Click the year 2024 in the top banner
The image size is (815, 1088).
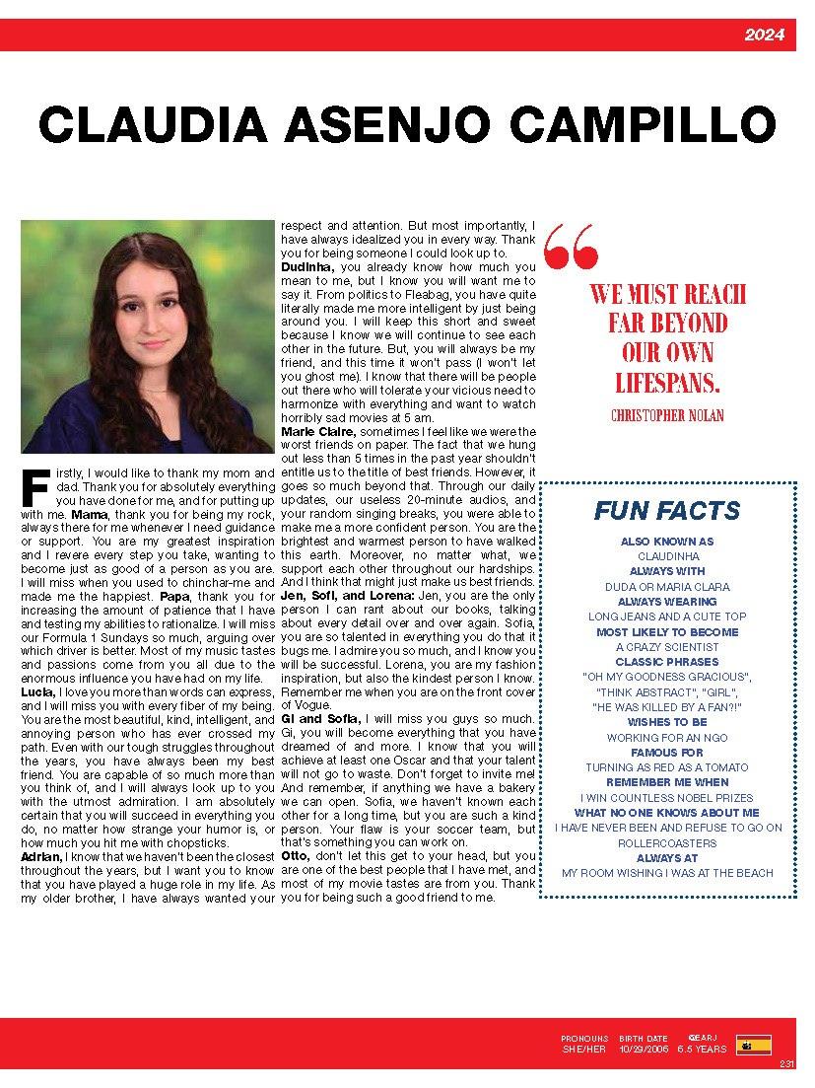click(x=764, y=36)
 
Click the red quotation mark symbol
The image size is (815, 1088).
click(x=571, y=246)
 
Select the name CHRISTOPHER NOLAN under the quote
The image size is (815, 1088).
click(x=667, y=415)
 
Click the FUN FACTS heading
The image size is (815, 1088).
click(x=667, y=511)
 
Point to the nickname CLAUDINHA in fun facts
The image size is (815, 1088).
click(x=667, y=556)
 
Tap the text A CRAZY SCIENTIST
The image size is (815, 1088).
click(x=667, y=647)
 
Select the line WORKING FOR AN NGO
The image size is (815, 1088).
click(x=667, y=738)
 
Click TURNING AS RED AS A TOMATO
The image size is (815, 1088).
click(x=667, y=767)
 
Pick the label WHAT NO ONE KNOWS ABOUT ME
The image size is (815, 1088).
click(x=667, y=813)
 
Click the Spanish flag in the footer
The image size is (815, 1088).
click(x=753, y=1045)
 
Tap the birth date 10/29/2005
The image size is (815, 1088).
click(x=644, y=1050)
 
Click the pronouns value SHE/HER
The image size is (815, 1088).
click(x=584, y=1050)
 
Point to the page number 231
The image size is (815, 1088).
click(x=786, y=1063)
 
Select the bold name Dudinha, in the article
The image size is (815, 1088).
click(x=310, y=266)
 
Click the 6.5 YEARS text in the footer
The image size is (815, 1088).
click(x=702, y=1050)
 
